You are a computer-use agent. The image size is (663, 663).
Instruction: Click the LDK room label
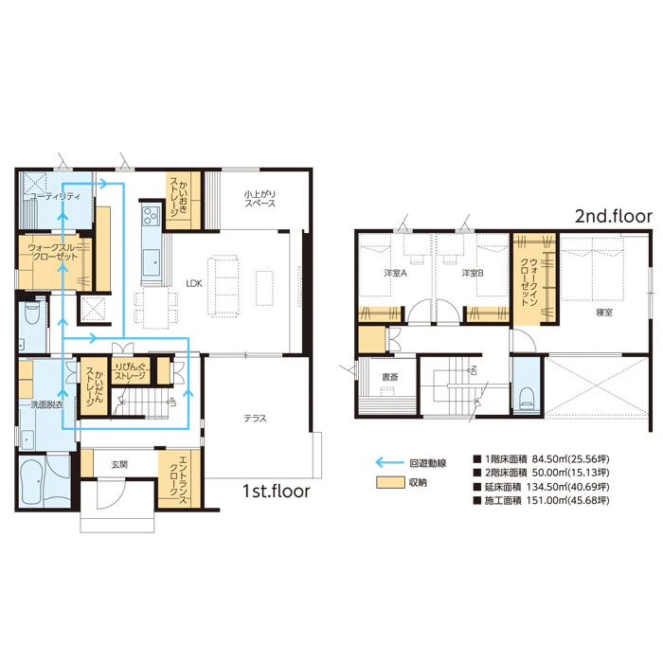[x=194, y=283]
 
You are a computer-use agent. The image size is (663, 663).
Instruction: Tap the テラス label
[x=256, y=419]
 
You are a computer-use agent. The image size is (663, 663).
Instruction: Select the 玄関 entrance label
[x=119, y=465]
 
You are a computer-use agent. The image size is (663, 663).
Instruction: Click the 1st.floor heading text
[x=277, y=491]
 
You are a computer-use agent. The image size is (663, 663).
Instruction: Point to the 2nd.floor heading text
[x=614, y=216]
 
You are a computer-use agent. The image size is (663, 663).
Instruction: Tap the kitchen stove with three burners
[x=151, y=215]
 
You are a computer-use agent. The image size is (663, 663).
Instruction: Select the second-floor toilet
[x=527, y=398]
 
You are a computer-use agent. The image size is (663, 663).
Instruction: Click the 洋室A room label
[x=395, y=273]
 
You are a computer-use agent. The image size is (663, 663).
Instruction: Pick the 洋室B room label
[x=473, y=273]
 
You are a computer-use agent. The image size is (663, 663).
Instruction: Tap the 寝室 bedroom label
[x=604, y=313]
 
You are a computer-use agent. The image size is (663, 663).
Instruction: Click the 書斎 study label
[x=390, y=377]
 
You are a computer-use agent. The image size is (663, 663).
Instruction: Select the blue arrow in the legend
[x=390, y=462]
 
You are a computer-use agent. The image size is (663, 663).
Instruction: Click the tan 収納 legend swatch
[x=390, y=483]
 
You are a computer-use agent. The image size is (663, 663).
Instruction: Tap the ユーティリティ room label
[x=55, y=196]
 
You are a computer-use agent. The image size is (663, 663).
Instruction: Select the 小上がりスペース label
[x=260, y=198]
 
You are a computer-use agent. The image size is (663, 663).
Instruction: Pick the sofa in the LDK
[x=224, y=286]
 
